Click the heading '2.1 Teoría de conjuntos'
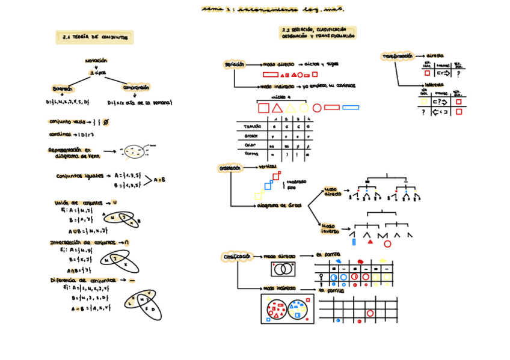pos(94,37)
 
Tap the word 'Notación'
pos(96,61)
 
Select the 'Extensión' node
pos(63,89)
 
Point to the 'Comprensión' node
pos(136,88)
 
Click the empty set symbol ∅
pos(106,122)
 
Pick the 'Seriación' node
pos(234,64)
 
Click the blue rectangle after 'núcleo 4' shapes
pos(350,108)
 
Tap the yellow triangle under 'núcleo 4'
pos(290,108)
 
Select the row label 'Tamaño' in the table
pos(253,127)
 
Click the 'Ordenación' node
pos(230,168)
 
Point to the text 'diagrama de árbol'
pos(279,205)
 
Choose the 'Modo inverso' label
pos(330,228)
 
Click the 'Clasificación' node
pos(236,257)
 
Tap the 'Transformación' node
pos(398,56)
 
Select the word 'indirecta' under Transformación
pos(434,85)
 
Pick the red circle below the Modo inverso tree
pos(387,243)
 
